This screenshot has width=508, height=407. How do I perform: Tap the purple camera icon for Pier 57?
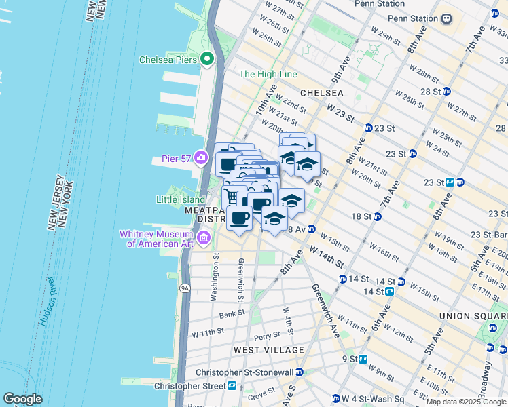[200, 158]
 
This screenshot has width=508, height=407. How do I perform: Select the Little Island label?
[181, 199]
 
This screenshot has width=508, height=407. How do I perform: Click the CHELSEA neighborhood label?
[322, 92]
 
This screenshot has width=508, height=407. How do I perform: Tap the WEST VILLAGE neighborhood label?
[269, 349]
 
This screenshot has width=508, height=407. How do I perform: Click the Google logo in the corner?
[22, 399]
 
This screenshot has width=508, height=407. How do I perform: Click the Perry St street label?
[266, 336]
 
